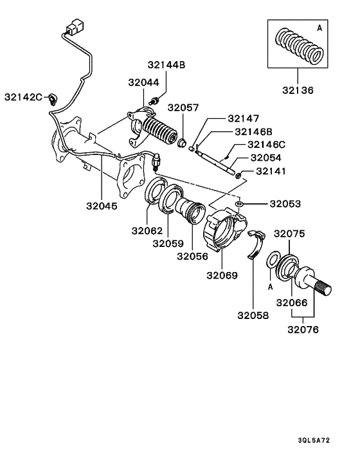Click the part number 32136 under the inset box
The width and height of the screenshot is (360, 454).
[296, 90]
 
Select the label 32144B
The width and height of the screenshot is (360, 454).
[166, 65]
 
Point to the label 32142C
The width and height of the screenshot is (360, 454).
[23, 97]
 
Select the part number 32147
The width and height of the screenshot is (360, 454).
[243, 119]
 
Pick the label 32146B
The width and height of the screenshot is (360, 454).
[251, 132]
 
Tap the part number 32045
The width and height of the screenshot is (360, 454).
[102, 206]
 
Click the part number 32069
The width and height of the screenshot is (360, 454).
[222, 275]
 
